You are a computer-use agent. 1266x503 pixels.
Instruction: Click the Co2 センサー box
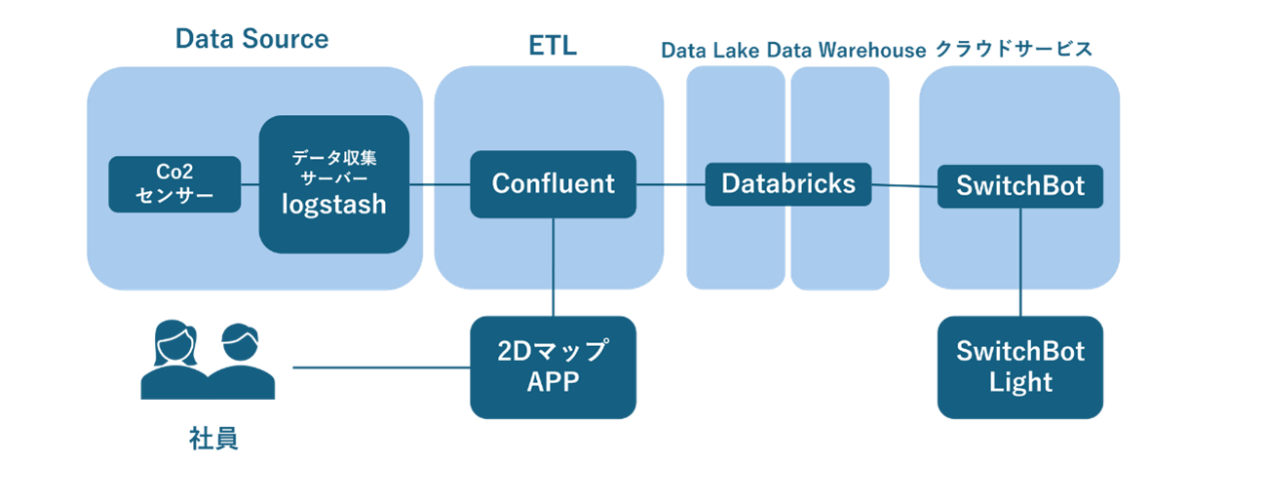(x=174, y=184)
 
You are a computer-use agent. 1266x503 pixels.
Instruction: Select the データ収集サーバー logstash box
(x=334, y=184)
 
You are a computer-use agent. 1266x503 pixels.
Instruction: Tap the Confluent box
(x=554, y=184)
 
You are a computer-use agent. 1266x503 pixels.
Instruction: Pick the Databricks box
(x=788, y=184)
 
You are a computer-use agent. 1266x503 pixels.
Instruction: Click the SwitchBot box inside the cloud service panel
(x=1020, y=186)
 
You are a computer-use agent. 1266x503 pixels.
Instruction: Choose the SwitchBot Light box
(x=1020, y=368)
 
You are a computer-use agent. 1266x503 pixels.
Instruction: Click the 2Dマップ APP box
(x=554, y=368)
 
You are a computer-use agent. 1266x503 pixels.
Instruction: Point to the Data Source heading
(x=252, y=39)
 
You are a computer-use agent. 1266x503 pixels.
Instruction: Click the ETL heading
(x=553, y=46)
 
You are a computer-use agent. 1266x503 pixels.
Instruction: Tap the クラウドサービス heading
(x=1014, y=49)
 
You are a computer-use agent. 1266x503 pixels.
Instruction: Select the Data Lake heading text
(x=710, y=51)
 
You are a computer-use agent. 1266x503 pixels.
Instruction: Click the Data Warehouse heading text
(x=847, y=51)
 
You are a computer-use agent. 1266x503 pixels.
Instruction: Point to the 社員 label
(x=213, y=439)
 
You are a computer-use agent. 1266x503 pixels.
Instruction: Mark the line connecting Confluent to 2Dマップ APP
(x=554, y=267)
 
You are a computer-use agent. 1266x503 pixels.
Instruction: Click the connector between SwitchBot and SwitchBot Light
(x=1020, y=261)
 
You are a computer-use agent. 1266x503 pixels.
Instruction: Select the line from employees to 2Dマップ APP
(x=381, y=368)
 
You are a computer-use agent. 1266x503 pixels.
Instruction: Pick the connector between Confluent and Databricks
(x=671, y=184)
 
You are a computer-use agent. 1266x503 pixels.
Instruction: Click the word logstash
(x=334, y=205)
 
